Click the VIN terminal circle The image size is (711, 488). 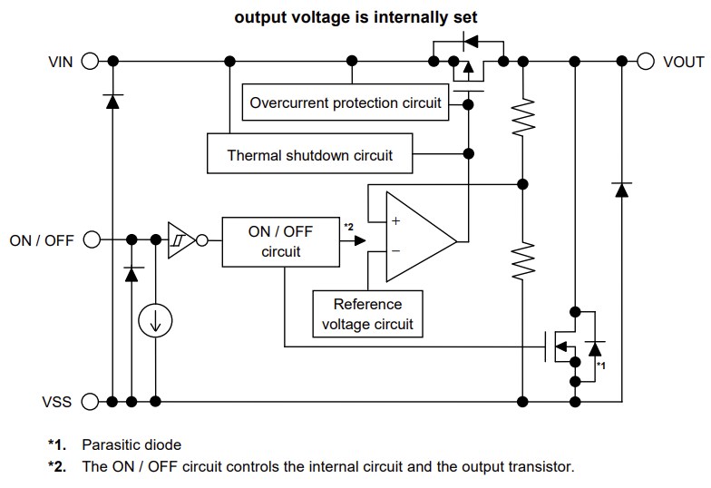point(90,62)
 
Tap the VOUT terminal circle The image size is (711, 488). point(645,62)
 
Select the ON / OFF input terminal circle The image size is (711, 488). point(90,240)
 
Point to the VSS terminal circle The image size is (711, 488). point(90,401)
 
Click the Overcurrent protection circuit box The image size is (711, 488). point(346,102)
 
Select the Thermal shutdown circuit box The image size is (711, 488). point(309,155)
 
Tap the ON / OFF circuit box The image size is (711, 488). point(280,241)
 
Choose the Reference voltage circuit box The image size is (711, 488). point(367,314)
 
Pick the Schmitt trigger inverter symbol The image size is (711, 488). point(181,240)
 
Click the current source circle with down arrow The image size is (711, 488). point(155,319)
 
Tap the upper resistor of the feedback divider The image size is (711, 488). point(522,114)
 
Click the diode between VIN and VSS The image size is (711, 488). point(112,101)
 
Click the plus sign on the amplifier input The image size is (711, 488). point(395,220)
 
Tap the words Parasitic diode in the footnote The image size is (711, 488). point(131,444)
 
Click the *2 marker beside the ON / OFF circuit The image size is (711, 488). point(349,225)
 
